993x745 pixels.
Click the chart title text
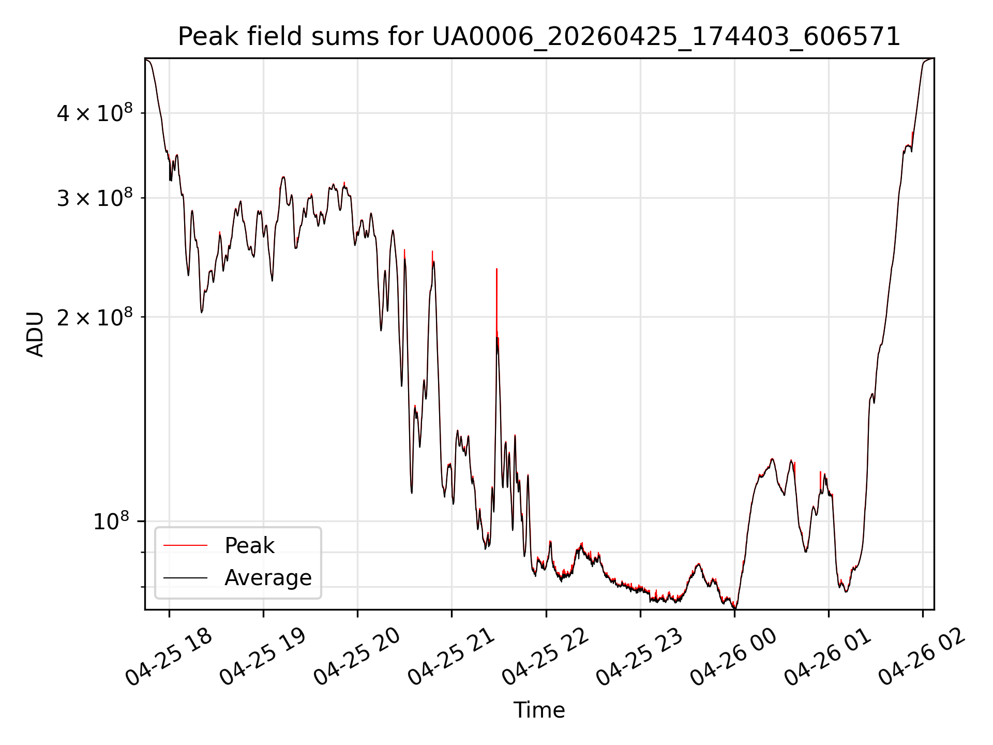pos(539,37)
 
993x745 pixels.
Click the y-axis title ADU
pos(35,334)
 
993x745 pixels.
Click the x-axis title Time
pos(539,710)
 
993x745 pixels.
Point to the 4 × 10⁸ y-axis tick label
pos(95,112)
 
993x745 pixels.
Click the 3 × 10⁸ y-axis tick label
pos(95,197)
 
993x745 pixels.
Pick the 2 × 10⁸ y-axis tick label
pos(95,317)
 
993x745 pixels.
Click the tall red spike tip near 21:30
pos(496,269)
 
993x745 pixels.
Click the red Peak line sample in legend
pos(185,545)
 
